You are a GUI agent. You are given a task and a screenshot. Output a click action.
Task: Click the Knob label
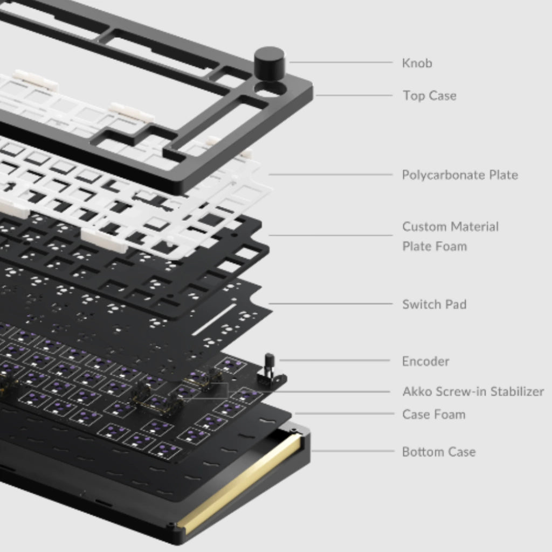417,63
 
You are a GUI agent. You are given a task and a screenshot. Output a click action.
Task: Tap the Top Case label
429,96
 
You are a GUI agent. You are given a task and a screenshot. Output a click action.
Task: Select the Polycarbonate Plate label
460,175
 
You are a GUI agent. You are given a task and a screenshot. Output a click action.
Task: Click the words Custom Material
450,226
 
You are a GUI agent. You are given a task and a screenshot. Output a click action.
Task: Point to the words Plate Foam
434,246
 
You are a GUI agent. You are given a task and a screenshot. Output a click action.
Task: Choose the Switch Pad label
434,304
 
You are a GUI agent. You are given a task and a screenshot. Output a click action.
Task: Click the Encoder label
425,361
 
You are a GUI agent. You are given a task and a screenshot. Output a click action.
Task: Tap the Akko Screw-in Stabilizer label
473,391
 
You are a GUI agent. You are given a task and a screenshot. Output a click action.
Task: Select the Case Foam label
433,415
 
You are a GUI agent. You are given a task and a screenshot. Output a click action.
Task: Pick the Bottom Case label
439,452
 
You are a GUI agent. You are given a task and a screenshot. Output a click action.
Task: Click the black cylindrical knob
269,62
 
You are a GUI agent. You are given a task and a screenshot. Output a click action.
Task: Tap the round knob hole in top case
270,89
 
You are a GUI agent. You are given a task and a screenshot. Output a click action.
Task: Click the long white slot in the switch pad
214,320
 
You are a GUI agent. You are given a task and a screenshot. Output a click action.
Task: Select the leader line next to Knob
340,63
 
